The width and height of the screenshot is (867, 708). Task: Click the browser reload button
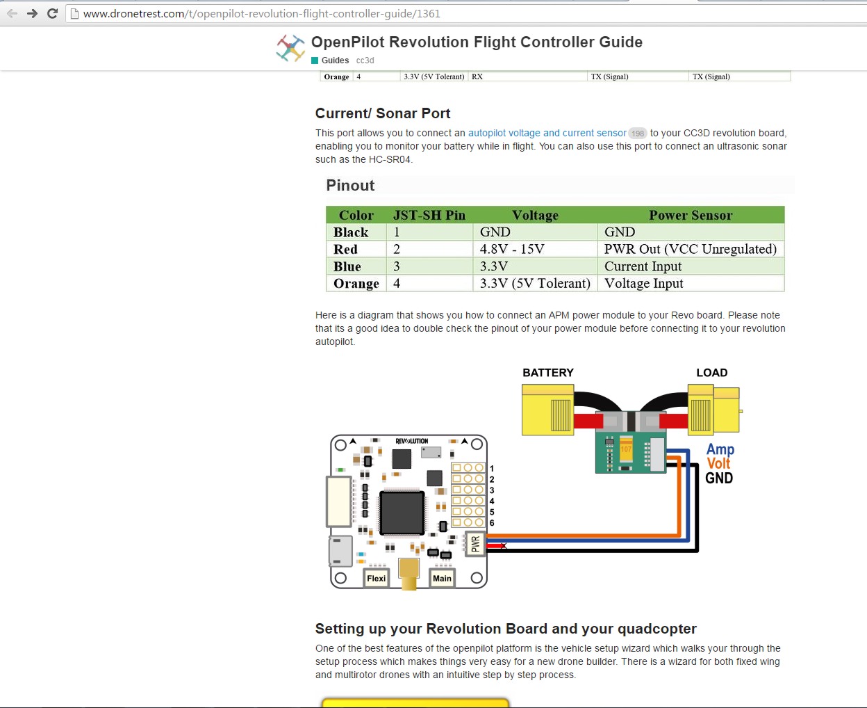pos(52,13)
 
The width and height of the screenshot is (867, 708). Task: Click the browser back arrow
pos(12,13)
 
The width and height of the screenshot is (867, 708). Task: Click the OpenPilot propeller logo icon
pos(290,48)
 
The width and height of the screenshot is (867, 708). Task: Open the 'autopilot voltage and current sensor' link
pos(547,133)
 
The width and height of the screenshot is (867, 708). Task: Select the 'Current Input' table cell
pos(643,266)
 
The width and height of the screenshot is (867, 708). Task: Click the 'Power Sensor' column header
pos(690,215)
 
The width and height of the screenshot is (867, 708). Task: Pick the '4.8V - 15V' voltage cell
pos(512,249)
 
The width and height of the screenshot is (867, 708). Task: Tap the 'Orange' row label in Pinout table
pos(356,283)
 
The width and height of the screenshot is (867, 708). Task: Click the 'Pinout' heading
pos(350,186)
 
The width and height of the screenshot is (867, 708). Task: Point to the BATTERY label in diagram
pos(548,373)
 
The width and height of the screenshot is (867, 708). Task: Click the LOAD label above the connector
pos(711,373)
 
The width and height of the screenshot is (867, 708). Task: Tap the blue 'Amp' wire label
pos(720,449)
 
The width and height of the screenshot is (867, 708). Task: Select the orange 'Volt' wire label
pos(718,463)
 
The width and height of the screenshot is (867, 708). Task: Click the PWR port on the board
pos(475,543)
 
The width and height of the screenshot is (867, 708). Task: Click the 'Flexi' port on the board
pos(376,578)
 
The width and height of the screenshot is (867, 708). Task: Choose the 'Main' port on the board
pos(442,578)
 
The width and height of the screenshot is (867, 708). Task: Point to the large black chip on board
pos(402,513)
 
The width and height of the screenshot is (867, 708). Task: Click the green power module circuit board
pos(630,451)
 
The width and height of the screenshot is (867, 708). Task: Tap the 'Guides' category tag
pos(335,61)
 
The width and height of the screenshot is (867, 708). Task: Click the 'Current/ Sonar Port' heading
pos(383,113)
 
